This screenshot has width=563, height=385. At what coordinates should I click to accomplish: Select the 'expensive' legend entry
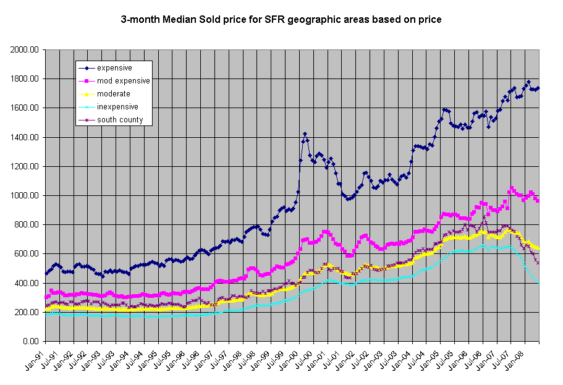[x=114, y=67]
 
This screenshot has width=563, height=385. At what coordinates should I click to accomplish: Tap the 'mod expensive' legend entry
[x=123, y=80]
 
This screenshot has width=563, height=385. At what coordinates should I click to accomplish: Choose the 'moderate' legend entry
[x=113, y=93]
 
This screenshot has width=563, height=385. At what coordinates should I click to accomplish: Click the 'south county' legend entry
[x=120, y=120]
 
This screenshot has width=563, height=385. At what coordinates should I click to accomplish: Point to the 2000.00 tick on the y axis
[x=25, y=49]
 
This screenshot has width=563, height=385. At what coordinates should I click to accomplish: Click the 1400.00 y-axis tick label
[x=25, y=137]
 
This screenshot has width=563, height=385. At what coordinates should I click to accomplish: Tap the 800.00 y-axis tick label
[x=27, y=225]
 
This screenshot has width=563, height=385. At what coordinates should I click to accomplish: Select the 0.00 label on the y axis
[x=31, y=342]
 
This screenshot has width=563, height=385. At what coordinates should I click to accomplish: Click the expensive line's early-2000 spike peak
[x=305, y=133]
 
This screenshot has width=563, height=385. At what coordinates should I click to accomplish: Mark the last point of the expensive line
[x=538, y=88]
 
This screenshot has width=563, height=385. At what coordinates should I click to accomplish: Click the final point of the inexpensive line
[x=538, y=283]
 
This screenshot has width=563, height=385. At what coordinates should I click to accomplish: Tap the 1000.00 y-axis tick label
[x=25, y=196]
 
